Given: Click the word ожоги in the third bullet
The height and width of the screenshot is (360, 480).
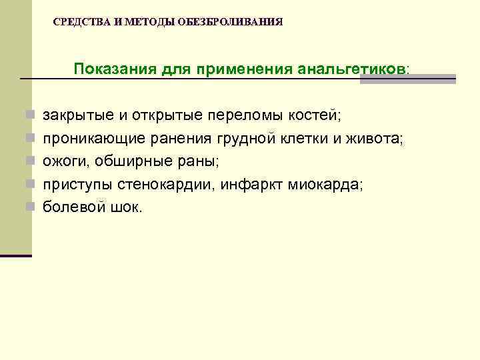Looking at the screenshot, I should pyautogui.click(x=63, y=162).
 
